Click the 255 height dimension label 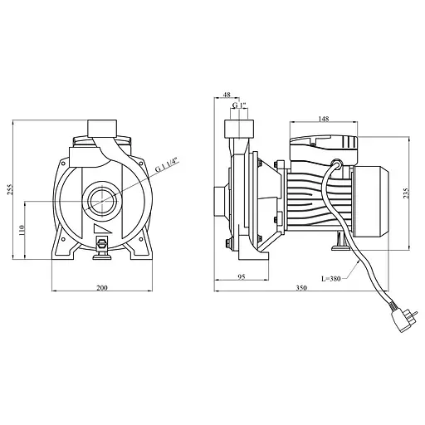pos(10,189)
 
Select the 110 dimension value pos(22,230)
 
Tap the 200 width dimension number pos(102,288)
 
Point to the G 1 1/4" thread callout pos(168,164)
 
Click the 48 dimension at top pos(227,95)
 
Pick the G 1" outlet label pos(239,105)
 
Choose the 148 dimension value pos(324,119)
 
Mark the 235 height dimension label pos(406,193)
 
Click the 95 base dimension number pos(242,277)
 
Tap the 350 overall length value pos(301,288)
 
